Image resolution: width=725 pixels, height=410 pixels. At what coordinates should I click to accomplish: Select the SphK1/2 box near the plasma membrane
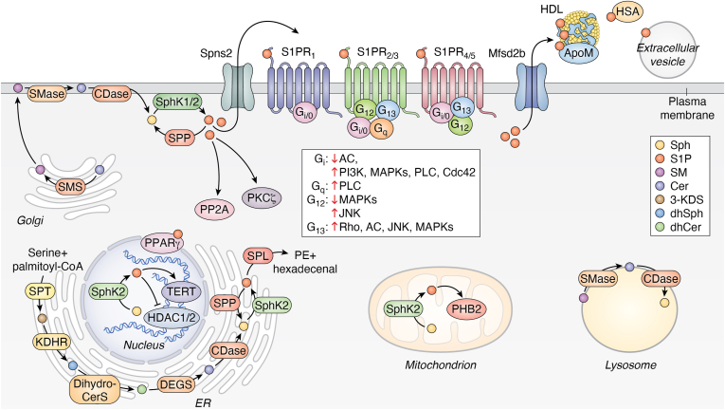[177, 102]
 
